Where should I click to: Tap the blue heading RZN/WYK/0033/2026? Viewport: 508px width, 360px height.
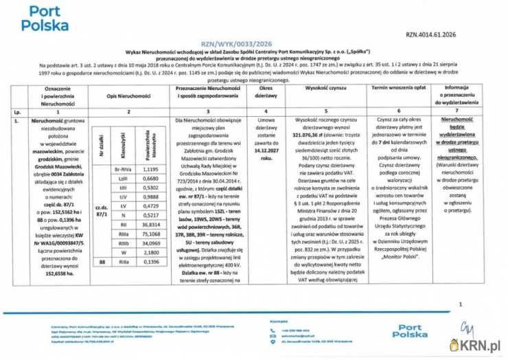[x=255, y=43]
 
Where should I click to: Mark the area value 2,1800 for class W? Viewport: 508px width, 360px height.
[x=150, y=252]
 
